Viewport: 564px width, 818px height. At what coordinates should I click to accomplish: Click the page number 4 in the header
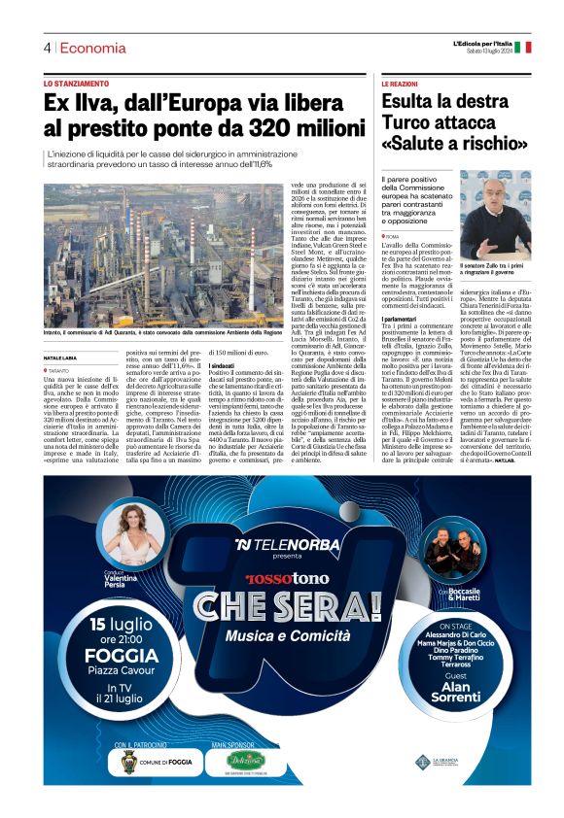47,48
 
